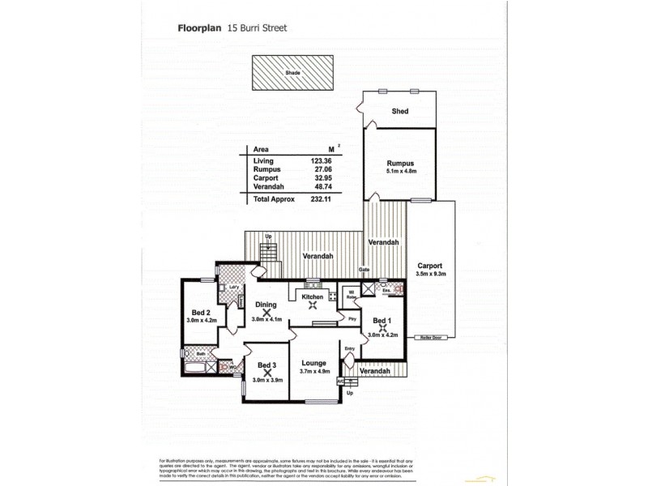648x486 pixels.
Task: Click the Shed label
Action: [399, 111]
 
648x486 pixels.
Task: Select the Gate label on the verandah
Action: [364, 270]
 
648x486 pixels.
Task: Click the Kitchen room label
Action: [313, 297]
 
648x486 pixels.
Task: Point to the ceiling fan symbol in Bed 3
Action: [266, 374]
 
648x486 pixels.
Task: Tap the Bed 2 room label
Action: [202, 313]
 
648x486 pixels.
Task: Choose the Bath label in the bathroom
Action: [190, 353]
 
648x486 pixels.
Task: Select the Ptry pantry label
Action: [352, 319]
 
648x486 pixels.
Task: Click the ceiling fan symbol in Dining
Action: [266, 312]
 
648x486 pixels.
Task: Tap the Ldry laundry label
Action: [232, 287]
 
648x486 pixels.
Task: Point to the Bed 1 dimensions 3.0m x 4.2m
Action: [382, 335]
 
